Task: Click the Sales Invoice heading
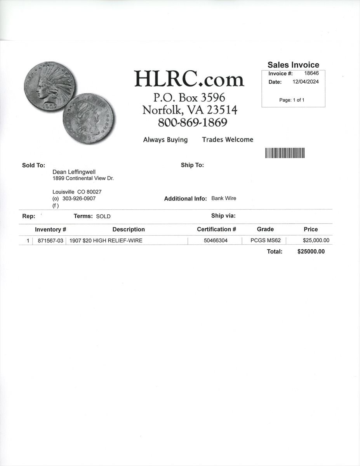293,65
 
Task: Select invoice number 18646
311,73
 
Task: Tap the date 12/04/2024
306,82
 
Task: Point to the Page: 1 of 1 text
292,100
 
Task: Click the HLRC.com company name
189,79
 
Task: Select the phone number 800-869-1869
192,123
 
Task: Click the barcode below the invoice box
285,153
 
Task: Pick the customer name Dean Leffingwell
74,172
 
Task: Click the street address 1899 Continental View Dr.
83,178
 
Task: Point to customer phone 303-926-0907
79,198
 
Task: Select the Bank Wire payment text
224,198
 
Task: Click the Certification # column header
216,230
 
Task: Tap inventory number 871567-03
50,241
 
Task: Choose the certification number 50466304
216,241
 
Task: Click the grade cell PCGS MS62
266,241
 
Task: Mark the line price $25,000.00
316,241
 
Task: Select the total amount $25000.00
311,252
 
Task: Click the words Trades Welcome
228,140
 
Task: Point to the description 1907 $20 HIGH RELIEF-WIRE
106,241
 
